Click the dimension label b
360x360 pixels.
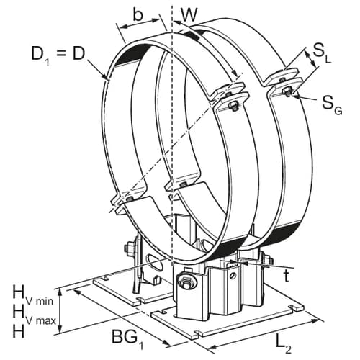click(138, 16)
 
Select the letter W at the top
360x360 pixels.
click(189, 15)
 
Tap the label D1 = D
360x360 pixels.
click(58, 55)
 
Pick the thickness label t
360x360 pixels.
click(286, 276)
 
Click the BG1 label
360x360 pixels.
click(128, 339)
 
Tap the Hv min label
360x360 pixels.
click(33, 295)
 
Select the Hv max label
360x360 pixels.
click(34, 313)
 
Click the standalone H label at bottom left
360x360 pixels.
click(18, 331)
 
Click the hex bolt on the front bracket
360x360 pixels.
click(186, 282)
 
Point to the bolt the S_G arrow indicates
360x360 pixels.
click(287, 91)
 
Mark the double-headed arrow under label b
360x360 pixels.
click(139, 24)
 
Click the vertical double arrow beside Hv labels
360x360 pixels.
click(60, 310)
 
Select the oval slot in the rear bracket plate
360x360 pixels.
click(156, 264)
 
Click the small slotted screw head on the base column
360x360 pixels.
click(231, 275)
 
